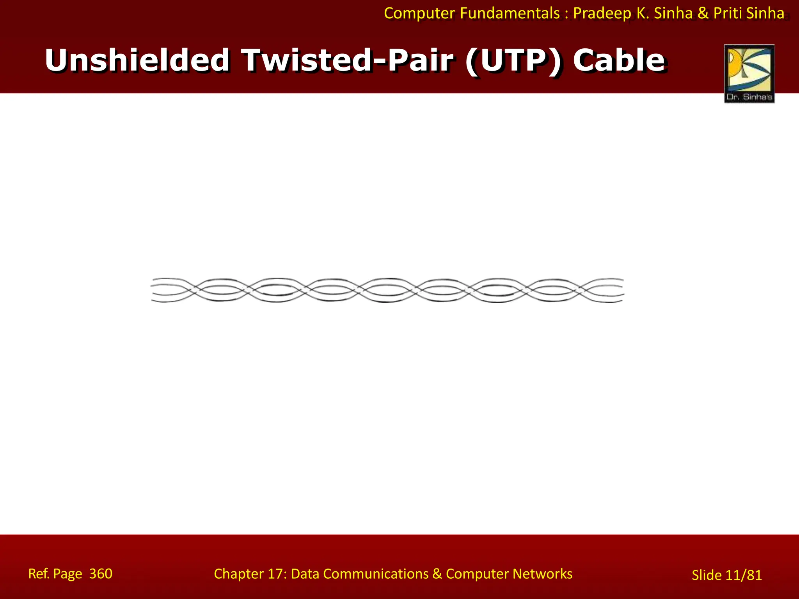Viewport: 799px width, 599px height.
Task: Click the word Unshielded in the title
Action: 137,60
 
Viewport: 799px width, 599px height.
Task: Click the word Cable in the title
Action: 619,60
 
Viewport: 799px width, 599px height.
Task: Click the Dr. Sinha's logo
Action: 749,74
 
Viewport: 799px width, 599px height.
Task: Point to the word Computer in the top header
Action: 419,13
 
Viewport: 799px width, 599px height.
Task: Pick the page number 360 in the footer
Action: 101,574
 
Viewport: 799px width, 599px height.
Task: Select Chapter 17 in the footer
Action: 250,574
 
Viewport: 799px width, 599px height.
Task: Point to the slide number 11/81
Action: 744,575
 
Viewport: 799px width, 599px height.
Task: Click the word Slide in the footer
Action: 707,575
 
